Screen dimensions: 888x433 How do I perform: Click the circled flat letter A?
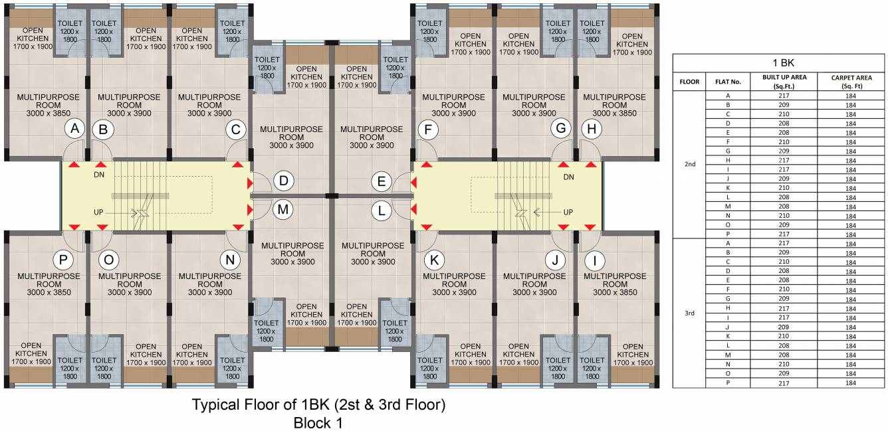click(x=74, y=128)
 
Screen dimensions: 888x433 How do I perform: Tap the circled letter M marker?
click(x=283, y=209)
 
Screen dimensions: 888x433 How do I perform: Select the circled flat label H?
click(x=592, y=129)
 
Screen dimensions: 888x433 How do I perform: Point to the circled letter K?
click(x=434, y=260)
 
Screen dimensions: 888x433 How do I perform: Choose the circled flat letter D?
click(x=283, y=181)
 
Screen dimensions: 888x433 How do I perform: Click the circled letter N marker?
click(x=230, y=260)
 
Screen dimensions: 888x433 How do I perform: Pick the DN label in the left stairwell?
click(x=99, y=175)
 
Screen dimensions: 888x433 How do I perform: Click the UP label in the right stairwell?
click(x=568, y=213)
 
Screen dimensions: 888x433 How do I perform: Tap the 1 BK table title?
click(x=784, y=63)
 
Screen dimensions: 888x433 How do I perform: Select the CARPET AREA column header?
click(x=851, y=82)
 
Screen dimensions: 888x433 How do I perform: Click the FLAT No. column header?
click(x=728, y=82)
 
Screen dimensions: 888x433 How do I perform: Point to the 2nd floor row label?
click(x=690, y=164)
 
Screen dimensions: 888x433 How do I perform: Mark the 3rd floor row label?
click(x=690, y=313)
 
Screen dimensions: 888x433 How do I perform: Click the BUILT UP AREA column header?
click(x=784, y=82)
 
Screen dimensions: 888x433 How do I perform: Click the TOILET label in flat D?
click(x=267, y=59)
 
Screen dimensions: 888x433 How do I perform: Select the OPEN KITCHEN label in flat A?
click(x=33, y=39)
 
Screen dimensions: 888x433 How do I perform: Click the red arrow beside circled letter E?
click(x=413, y=183)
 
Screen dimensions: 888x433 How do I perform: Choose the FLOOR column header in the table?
click(x=689, y=82)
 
